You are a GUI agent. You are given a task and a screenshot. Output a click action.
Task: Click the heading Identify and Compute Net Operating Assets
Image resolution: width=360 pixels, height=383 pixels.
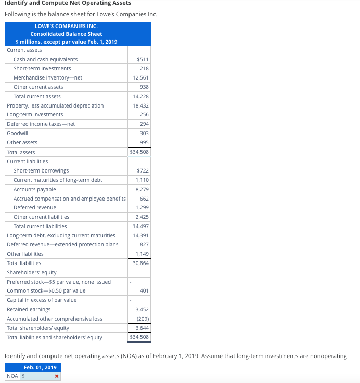tap(68, 3)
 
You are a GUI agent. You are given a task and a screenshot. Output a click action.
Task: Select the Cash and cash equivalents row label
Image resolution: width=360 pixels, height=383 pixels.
tap(45, 59)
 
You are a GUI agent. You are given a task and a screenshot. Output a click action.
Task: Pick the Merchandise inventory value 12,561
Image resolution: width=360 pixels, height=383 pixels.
tap(141, 78)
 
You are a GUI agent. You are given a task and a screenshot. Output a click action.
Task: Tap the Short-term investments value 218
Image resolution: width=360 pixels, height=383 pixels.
tap(144, 69)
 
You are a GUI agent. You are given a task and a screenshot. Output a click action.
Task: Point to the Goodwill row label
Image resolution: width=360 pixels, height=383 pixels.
tap(17, 133)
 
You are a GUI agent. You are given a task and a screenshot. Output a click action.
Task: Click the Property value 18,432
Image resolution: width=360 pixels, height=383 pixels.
tap(141, 105)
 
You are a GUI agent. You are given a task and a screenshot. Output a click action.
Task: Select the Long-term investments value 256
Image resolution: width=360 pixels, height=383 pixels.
tap(144, 114)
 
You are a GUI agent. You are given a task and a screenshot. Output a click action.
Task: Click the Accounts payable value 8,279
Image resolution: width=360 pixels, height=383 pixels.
tap(142, 189)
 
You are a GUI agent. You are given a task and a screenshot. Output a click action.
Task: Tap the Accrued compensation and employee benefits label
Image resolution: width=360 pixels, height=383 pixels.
tap(69, 199)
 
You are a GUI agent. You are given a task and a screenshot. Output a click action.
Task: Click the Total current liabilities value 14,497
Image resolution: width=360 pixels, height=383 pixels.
tap(141, 226)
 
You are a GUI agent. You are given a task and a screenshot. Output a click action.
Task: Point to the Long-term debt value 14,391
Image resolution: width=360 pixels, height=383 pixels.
tap(141, 235)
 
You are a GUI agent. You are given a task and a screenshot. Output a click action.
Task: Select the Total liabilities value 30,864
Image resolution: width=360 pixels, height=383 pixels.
tap(141, 263)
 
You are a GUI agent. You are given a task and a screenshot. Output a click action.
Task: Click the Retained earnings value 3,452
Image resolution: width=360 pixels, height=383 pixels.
tap(142, 309)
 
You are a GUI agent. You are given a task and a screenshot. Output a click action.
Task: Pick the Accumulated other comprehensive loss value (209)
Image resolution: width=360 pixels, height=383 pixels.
tap(142, 319)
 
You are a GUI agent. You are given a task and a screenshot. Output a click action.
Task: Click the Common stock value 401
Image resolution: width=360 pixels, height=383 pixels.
tap(145, 291)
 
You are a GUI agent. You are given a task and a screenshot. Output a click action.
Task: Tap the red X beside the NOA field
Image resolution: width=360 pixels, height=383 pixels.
tap(56, 376)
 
